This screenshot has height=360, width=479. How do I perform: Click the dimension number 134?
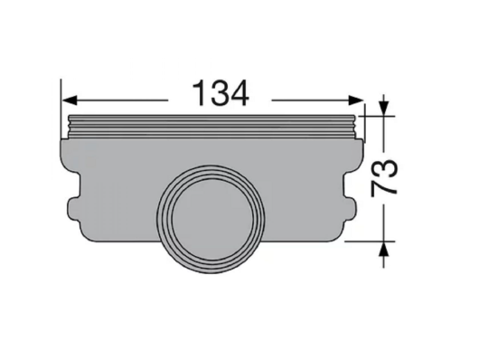pyautogui.click(x=221, y=93)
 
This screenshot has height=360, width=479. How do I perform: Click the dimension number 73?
pyautogui.click(x=384, y=178)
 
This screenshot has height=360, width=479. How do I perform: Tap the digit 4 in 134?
pyautogui.click(x=239, y=93)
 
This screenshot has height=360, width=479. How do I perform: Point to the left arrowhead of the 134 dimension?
pyautogui.click(x=70, y=100)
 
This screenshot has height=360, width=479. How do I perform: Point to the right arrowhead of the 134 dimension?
pyautogui.click(x=356, y=100)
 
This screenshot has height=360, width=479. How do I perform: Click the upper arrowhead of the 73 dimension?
pyautogui.click(x=384, y=109)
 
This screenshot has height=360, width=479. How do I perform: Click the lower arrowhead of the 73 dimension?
pyautogui.click(x=384, y=249)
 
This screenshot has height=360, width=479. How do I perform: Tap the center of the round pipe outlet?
pyautogui.click(x=211, y=219)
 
